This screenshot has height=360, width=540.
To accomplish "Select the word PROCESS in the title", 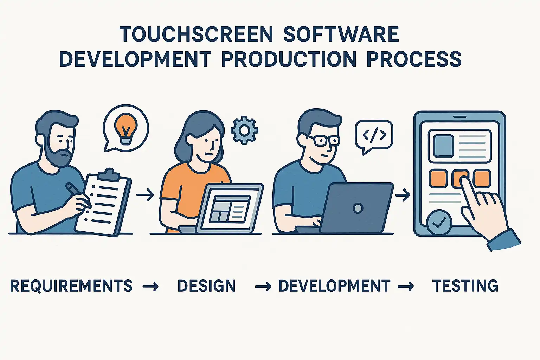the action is (x=414, y=59).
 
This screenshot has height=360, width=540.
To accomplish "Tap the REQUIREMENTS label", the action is (x=71, y=286).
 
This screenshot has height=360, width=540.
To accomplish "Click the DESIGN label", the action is (x=206, y=286).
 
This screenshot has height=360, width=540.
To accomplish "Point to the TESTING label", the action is (x=465, y=286).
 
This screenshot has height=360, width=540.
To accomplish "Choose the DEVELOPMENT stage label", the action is (x=334, y=286).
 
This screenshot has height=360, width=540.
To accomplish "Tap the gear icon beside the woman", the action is (x=244, y=130).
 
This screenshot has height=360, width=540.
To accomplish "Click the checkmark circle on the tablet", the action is (x=439, y=223).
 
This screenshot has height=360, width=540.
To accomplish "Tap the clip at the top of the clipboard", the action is (x=109, y=175).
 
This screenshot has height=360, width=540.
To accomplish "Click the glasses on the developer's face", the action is (x=323, y=141).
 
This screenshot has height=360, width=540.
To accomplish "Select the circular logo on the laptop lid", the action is (x=358, y=208).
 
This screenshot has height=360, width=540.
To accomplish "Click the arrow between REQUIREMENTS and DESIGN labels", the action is (x=151, y=287).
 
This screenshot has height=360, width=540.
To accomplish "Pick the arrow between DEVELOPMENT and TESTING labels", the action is (x=406, y=287).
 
